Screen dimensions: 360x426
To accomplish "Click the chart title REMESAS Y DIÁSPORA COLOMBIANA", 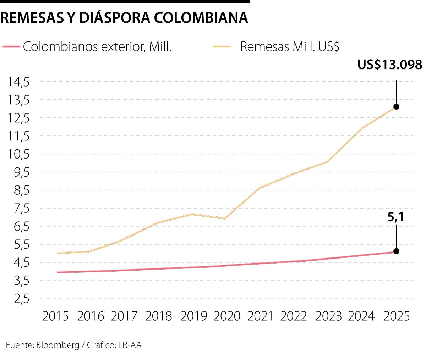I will click(124, 18).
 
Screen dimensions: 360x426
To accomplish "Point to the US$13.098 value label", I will click(389, 65).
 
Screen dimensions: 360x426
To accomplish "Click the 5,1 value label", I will click(395, 217).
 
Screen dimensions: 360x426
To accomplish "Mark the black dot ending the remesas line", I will click(396, 107).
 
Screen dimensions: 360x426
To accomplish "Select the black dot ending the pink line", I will click(396, 251).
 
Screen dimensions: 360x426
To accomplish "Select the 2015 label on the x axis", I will click(55, 316).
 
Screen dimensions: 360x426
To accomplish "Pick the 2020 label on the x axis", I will click(227, 316).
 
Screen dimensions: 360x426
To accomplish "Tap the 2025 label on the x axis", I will click(396, 316).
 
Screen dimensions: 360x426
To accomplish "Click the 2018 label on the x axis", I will click(158, 316).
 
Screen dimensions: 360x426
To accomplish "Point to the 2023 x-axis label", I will click(329, 316).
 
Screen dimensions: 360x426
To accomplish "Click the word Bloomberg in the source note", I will click(58, 345).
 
